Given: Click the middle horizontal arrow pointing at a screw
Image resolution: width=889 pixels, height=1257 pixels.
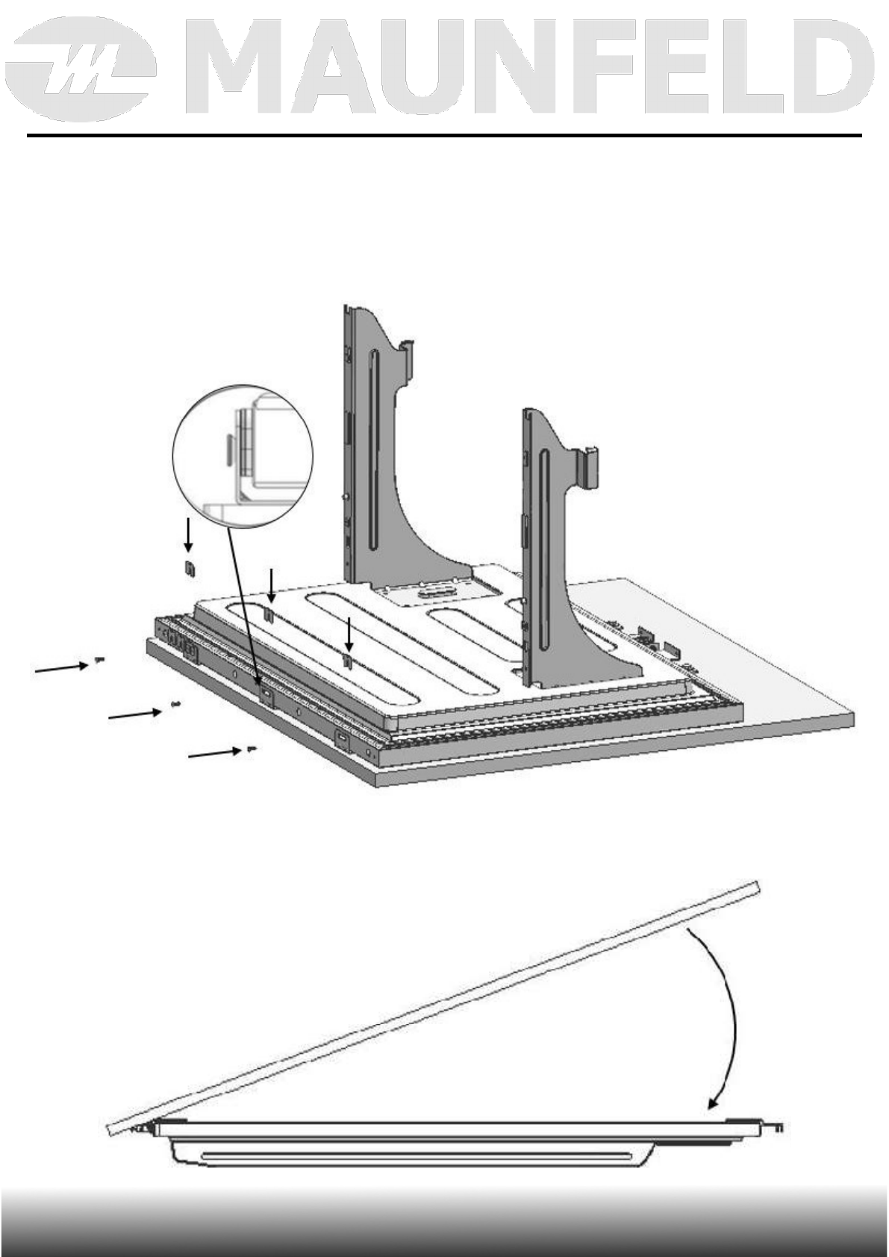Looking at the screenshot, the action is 134,714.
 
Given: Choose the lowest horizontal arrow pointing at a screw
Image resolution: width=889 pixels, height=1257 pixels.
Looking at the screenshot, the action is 212,754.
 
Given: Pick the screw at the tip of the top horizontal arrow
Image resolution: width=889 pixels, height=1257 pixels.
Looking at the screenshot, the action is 99,660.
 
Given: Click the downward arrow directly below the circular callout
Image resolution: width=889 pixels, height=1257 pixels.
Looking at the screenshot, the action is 189,535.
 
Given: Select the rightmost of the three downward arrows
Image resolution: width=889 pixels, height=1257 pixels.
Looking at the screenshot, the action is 349,634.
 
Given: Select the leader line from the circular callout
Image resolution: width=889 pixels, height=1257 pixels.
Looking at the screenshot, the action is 244,597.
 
